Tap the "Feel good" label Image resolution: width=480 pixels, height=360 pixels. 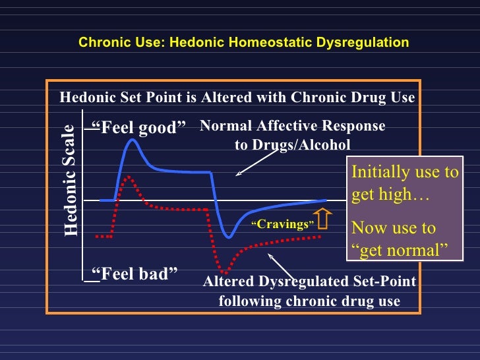coord(138,127)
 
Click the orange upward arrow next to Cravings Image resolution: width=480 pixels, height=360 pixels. coord(323,220)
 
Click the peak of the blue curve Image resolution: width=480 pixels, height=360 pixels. coord(132,140)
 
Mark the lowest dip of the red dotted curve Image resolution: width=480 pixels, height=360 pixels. coord(225,272)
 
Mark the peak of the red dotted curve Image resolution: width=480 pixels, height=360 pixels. coord(129,177)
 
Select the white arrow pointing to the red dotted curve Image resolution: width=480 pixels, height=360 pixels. coord(280,264)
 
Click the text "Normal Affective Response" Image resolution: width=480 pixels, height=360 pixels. coord(292,126)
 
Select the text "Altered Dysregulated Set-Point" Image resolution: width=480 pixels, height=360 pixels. coord(309,282)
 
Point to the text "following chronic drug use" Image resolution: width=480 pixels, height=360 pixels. coord(309,301)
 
